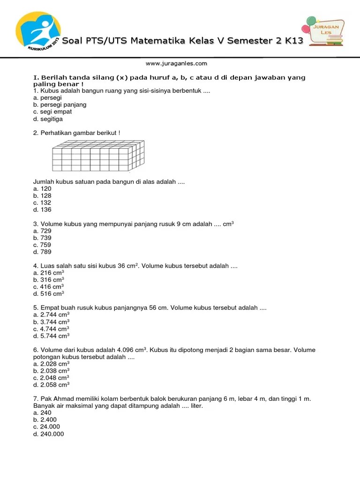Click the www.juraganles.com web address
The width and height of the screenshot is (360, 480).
(x=176, y=63)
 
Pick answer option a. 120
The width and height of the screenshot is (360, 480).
(x=42, y=188)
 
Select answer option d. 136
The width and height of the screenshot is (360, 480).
(x=42, y=210)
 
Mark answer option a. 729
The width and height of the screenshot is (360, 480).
(x=42, y=231)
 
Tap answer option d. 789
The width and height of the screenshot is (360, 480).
(x=42, y=252)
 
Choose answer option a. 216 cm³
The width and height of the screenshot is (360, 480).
(x=49, y=273)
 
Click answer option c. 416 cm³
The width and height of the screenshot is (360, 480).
(x=49, y=287)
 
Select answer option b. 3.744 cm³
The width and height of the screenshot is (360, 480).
(x=52, y=322)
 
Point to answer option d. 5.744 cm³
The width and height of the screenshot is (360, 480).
(x=52, y=336)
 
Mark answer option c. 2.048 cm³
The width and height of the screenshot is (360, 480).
(x=52, y=378)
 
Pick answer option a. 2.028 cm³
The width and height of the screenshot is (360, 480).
(x=52, y=364)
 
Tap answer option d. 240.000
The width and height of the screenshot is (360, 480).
(x=48, y=434)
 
